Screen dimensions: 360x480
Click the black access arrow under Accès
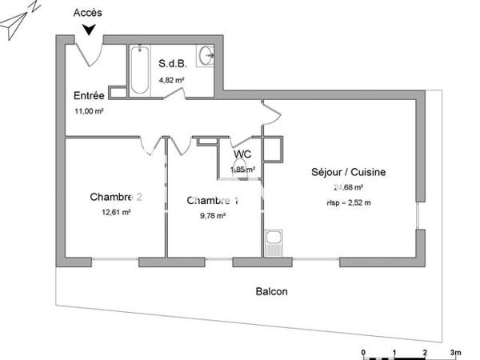89,29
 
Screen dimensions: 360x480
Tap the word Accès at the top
87,13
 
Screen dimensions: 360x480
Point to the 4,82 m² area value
172,80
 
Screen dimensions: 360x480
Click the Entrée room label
87,96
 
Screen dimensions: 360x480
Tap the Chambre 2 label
116,197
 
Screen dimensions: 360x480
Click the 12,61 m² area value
116,212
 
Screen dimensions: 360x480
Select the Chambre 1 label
213,200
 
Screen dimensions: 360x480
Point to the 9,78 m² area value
213,215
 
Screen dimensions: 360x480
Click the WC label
242,154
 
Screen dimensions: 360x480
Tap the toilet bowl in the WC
238,167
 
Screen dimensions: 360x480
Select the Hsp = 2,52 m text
348,203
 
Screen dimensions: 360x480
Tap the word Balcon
271,291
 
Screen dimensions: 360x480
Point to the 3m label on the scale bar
456,353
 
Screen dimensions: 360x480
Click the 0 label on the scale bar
364,353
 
